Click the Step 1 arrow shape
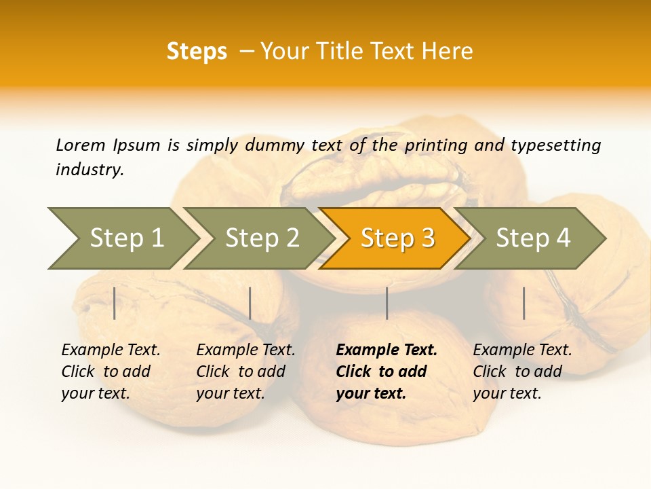[x=122, y=238]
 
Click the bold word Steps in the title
[x=197, y=51]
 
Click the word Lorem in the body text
[x=81, y=145]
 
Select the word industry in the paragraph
[x=90, y=170]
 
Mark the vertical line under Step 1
[x=115, y=303]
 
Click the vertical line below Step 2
[x=250, y=303]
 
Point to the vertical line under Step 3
[x=387, y=303]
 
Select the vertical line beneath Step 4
[x=524, y=303]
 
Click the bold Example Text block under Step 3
[x=386, y=372]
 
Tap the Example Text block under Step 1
[x=111, y=372]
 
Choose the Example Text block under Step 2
[x=245, y=372]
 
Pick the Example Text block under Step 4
[x=522, y=372]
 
